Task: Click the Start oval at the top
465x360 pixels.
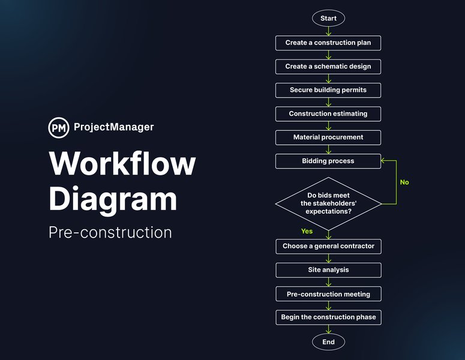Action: pyautogui.click(x=328, y=18)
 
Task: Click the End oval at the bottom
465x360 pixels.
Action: pyautogui.click(x=328, y=342)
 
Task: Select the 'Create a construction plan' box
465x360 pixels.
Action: pyautogui.click(x=328, y=43)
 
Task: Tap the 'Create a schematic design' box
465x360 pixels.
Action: pyautogui.click(x=328, y=67)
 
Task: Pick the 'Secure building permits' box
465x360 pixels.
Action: pyautogui.click(x=328, y=90)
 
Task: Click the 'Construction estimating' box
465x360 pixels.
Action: pyautogui.click(x=328, y=113)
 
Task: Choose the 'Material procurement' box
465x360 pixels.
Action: pyautogui.click(x=328, y=137)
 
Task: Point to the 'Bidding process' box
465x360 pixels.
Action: pyautogui.click(x=328, y=161)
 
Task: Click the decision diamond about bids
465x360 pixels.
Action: pyautogui.click(x=328, y=203)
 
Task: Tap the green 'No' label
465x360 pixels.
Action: pyautogui.click(x=404, y=182)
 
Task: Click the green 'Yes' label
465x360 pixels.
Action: pyautogui.click(x=307, y=231)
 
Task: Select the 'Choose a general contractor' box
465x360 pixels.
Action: pyautogui.click(x=328, y=246)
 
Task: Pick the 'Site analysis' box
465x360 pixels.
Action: pyautogui.click(x=328, y=270)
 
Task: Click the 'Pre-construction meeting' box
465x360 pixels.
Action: pyautogui.click(x=328, y=294)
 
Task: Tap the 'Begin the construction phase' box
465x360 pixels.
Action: pyautogui.click(x=328, y=317)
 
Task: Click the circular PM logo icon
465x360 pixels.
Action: pyautogui.click(x=58, y=127)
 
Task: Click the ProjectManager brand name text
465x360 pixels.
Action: pyautogui.click(x=113, y=127)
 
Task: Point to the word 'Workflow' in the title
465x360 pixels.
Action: pyautogui.click(x=122, y=163)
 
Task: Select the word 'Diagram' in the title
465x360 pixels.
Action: pyautogui.click(x=113, y=199)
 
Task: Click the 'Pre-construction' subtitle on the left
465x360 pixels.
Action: pyautogui.click(x=110, y=232)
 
